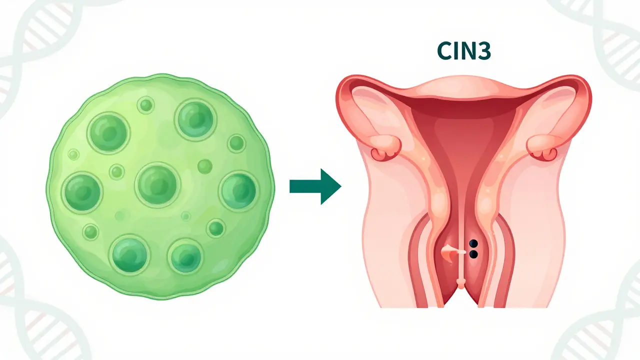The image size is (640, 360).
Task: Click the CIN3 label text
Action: click(x=463, y=52)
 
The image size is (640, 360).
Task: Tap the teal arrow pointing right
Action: click(x=315, y=186)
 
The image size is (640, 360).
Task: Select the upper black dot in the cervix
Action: click(x=473, y=243)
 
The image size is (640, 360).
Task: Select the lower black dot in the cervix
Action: click(x=473, y=254)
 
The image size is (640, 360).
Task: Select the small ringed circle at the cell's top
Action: click(x=146, y=105)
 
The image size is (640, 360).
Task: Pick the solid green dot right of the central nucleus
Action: click(x=205, y=165)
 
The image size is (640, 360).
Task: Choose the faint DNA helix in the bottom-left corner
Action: click(x=25, y=310)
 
